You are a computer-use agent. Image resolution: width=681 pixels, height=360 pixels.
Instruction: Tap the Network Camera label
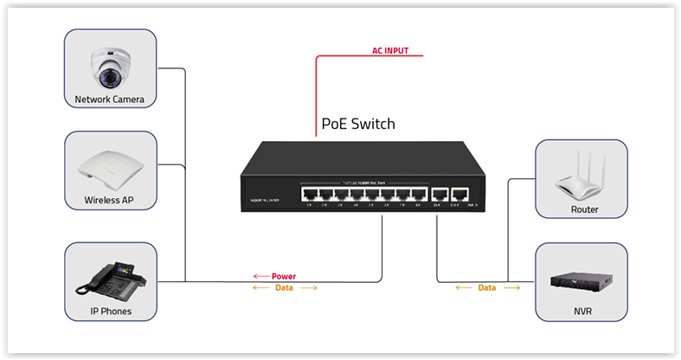click(x=110, y=100)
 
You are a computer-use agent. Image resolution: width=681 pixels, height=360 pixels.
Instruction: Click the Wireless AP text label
click(x=109, y=201)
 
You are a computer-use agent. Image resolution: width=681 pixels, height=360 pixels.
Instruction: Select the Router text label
click(x=584, y=209)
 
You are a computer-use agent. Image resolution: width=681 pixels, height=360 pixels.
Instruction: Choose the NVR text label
click(x=583, y=311)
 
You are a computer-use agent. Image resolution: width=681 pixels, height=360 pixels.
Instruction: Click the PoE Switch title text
click(x=358, y=124)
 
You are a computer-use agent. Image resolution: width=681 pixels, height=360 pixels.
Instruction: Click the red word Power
click(x=284, y=277)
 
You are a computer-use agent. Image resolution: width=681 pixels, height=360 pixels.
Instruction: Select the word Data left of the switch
click(x=284, y=287)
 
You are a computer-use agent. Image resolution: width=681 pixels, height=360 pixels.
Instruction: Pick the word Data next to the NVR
click(x=487, y=287)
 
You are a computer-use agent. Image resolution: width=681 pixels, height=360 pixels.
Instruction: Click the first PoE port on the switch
click(x=309, y=195)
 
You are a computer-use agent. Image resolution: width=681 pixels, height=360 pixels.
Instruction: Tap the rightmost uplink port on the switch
click(x=460, y=195)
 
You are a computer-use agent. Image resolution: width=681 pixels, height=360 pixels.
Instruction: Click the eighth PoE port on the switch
click(x=418, y=195)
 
